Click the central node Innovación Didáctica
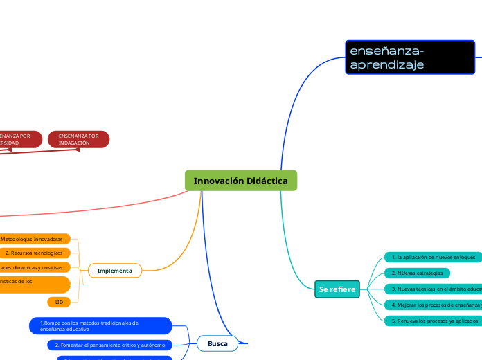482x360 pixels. pos(241,181)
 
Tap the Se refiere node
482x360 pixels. pos(337,289)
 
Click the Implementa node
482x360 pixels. pos(115,271)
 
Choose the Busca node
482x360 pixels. pos(217,343)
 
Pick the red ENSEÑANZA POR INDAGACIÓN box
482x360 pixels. pos(79,139)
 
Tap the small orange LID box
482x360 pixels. pos(59,303)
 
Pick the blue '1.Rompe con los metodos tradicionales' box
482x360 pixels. pos(100,325)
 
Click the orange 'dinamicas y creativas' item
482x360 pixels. pos(35,267)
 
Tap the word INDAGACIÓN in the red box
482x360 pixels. pos(75,143)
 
